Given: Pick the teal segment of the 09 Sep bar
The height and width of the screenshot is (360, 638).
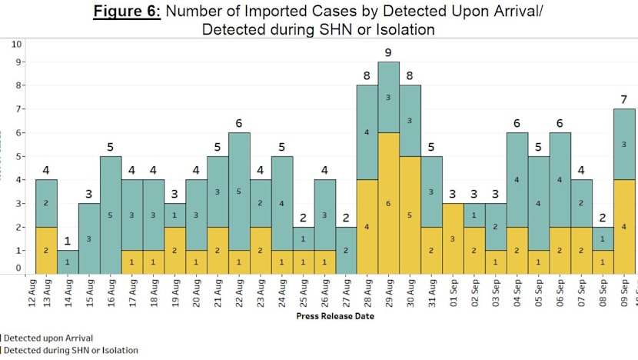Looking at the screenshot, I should (x=624, y=145).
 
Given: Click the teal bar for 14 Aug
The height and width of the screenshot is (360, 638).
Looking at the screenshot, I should (x=67, y=262).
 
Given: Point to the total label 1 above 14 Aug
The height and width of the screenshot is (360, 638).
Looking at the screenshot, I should (x=67, y=242).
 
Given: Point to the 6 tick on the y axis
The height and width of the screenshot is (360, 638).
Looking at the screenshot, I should (x=17, y=132).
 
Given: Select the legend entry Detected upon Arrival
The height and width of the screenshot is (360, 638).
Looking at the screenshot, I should (x=50, y=337).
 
